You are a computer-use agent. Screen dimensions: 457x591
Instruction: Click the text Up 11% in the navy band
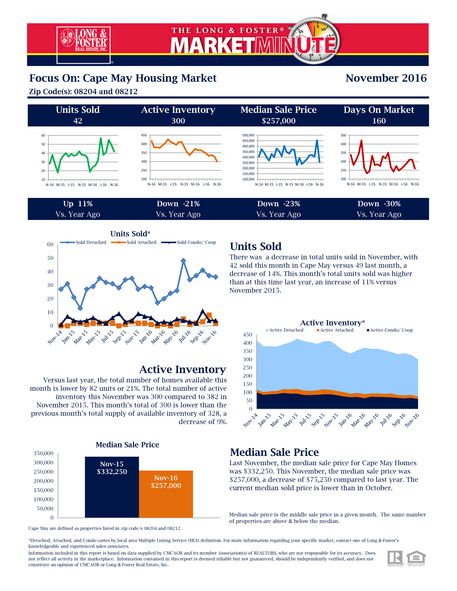coord(78,204)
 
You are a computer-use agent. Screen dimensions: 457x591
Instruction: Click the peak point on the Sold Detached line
coord(183,261)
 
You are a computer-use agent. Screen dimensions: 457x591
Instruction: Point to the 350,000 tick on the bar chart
coord(44,453)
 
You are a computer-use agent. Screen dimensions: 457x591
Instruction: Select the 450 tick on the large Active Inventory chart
coord(247,335)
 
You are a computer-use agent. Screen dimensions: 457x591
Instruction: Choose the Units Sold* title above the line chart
coord(130,234)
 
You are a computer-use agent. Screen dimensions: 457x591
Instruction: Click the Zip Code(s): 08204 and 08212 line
coord(83,91)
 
